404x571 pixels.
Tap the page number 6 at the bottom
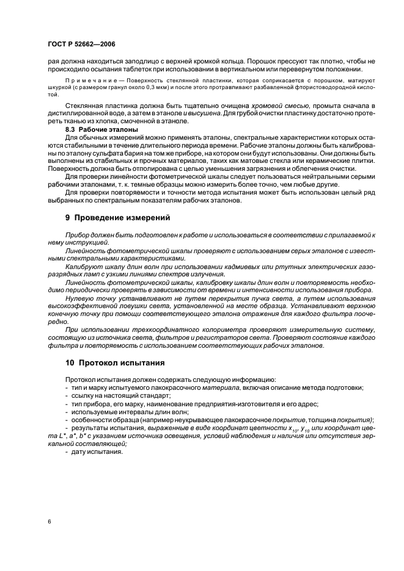pyautogui.click(x=49, y=521)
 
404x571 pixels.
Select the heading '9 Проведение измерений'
pyautogui.click(x=118, y=218)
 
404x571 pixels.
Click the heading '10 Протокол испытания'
pyautogui.click(x=115, y=362)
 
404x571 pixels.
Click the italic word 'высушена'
pyautogui.click(x=219, y=113)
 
